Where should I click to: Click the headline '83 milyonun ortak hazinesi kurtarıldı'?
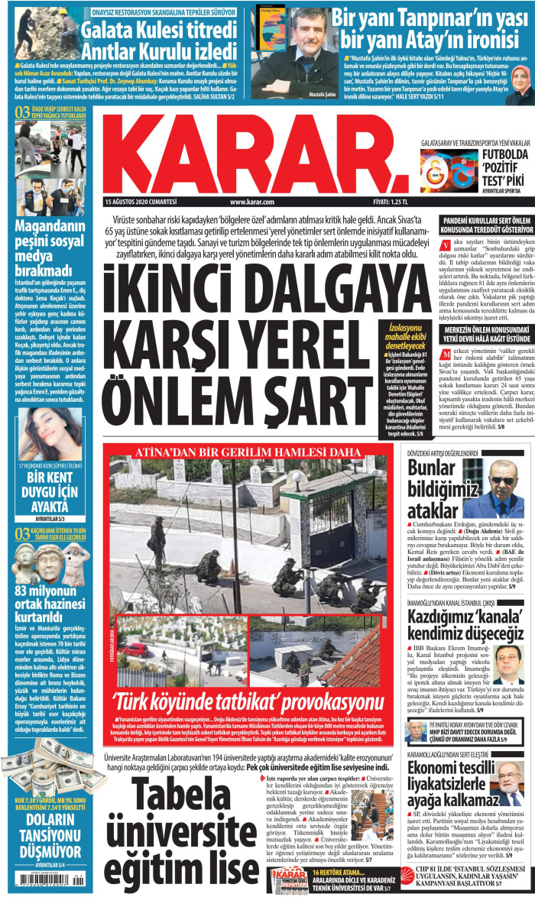coord(50,602)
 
